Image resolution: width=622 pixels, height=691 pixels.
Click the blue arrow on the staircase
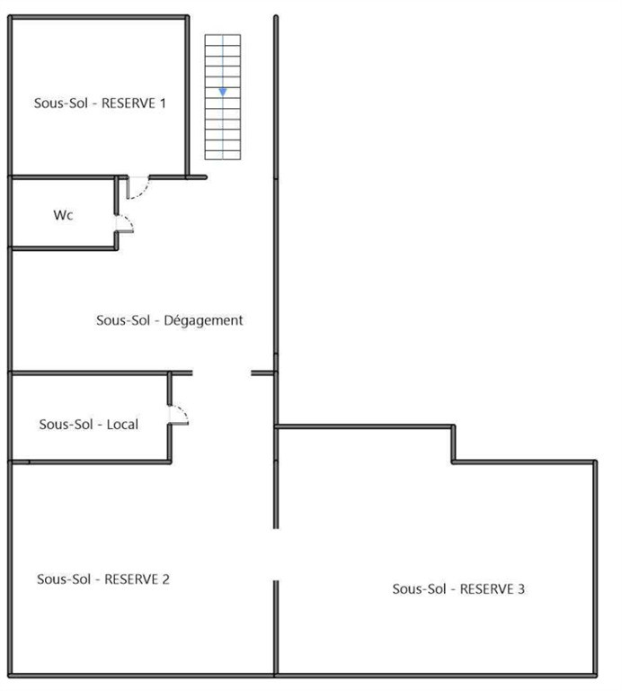click(x=223, y=92)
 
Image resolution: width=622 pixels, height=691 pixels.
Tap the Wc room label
click(x=64, y=215)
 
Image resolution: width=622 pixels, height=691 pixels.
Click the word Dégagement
click(x=203, y=320)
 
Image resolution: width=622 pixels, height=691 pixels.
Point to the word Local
click(x=122, y=425)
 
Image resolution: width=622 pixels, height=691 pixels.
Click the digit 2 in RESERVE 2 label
click(x=165, y=579)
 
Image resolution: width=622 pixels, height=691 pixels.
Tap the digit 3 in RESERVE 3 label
click(x=521, y=589)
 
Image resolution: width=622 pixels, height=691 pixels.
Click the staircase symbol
click(x=223, y=97)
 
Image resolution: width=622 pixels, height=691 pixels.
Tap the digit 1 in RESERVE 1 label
click(x=163, y=103)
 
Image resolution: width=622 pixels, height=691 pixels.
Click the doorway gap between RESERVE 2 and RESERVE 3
click(x=276, y=554)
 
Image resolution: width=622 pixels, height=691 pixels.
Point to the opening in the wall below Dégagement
click(x=222, y=373)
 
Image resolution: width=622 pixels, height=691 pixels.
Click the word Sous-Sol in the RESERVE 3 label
click(x=419, y=589)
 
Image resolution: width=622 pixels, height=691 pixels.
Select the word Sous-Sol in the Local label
click(x=66, y=425)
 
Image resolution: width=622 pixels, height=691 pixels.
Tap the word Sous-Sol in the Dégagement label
click(x=123, y=320)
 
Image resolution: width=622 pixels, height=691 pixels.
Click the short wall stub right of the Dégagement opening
click(x=262, y=373)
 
